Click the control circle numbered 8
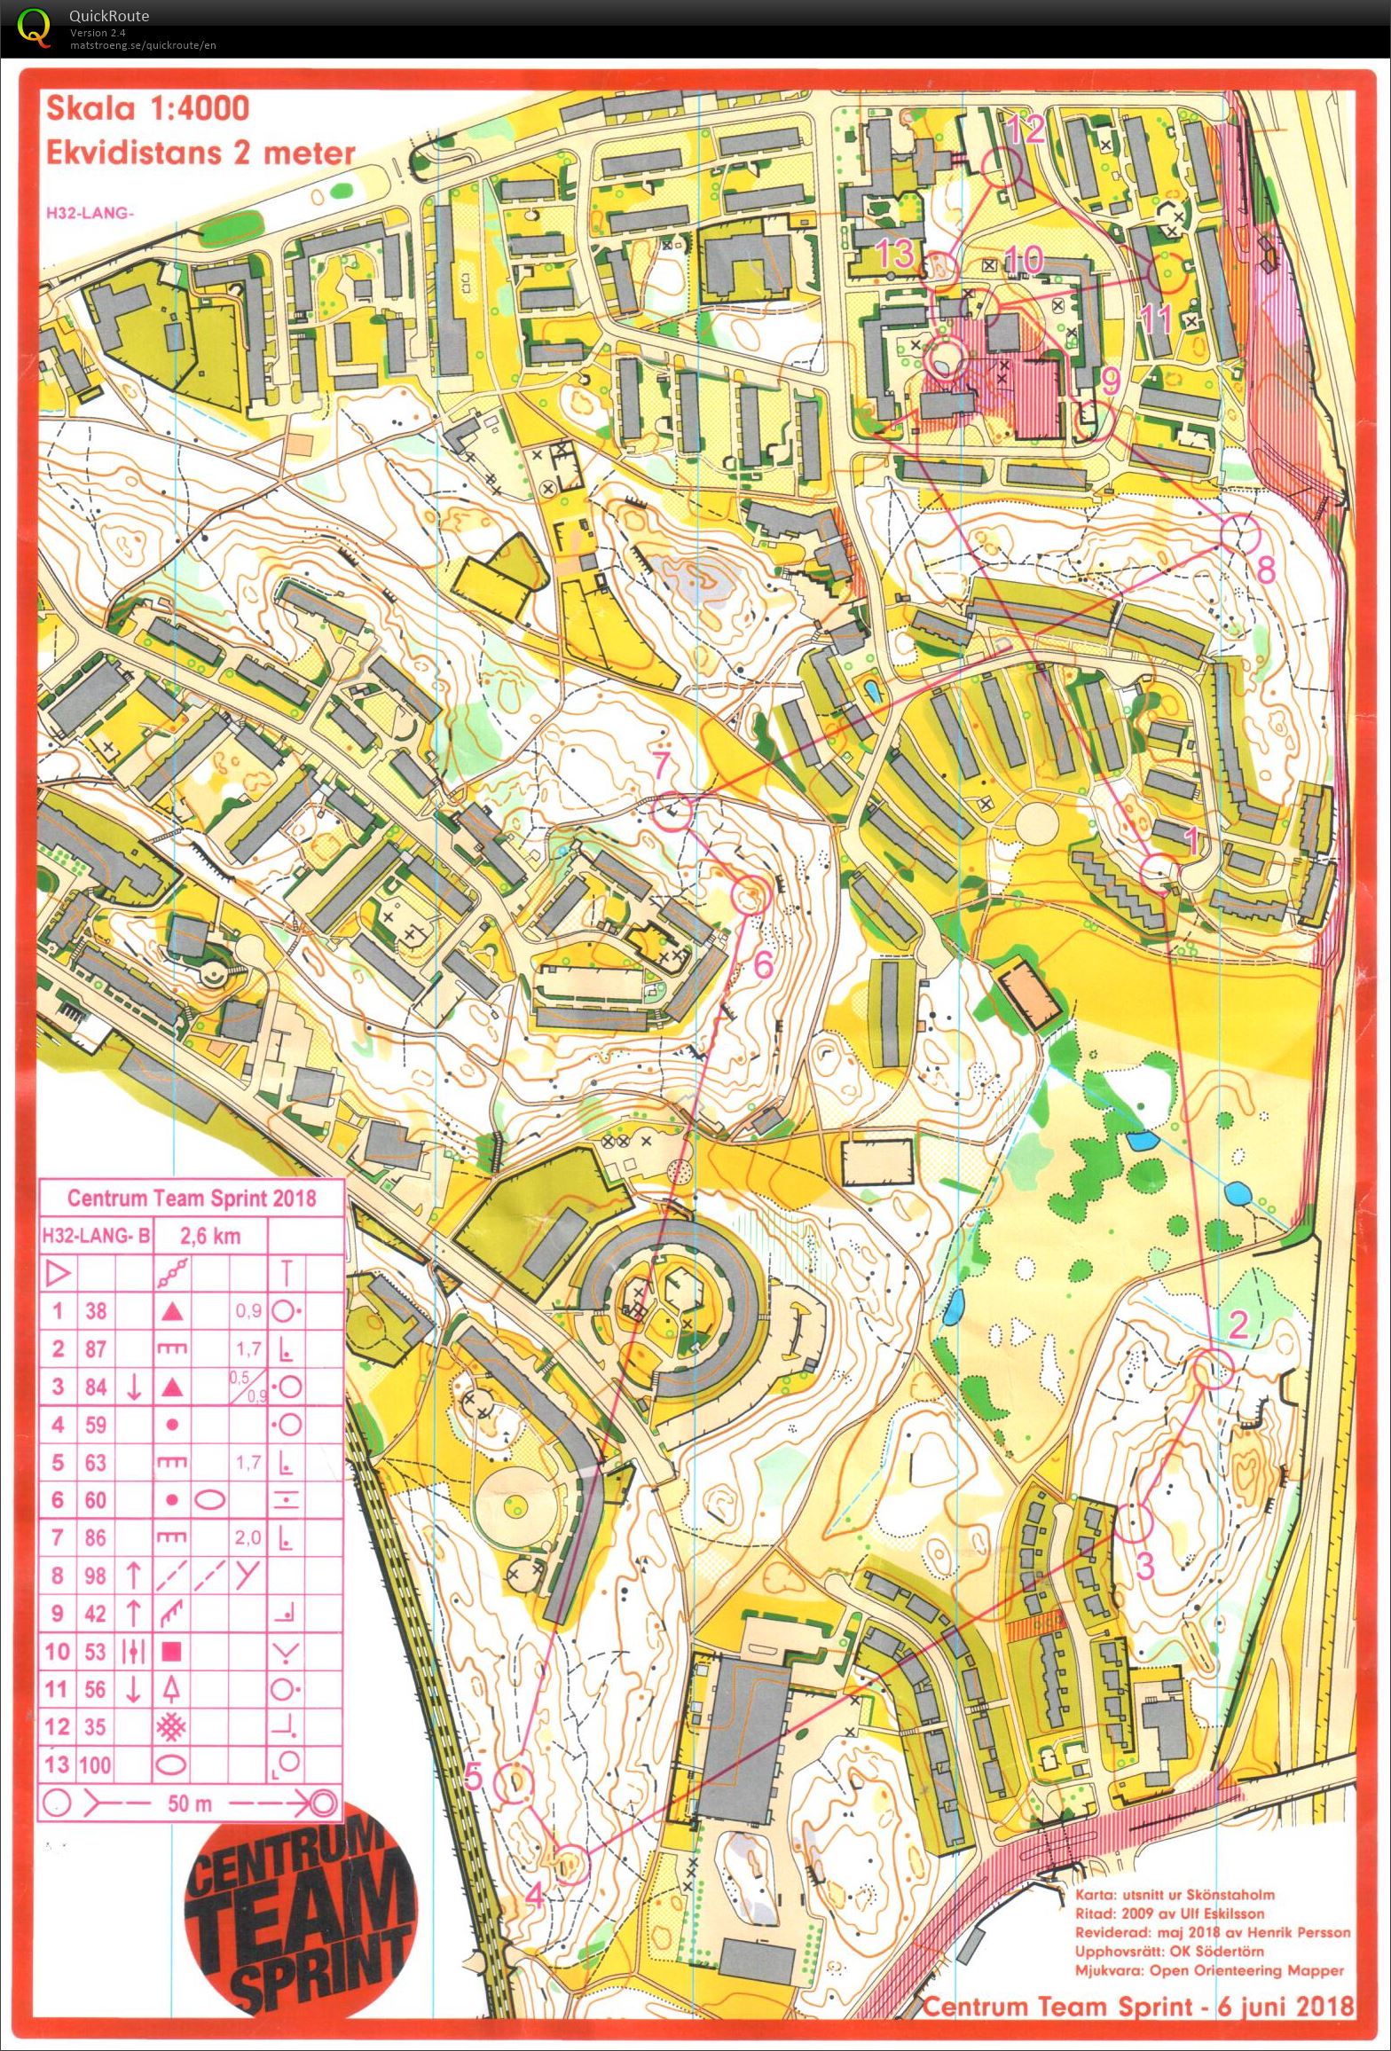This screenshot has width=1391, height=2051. (1240, 534)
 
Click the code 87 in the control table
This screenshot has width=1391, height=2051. (96, 1348)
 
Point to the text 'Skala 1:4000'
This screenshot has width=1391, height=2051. (147, 108)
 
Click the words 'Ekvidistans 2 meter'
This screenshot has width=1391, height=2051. (200, 153)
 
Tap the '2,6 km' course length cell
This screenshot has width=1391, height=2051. (210, 1236)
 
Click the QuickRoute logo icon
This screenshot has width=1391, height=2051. (34, 27)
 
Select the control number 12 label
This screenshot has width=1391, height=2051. (1026, 130)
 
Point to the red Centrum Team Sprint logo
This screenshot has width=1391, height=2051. (300, 1919)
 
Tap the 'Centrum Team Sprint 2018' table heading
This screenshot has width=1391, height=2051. (192, 1198)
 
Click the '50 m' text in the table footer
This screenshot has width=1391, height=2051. (178, 1803)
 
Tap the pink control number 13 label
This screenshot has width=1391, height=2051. (896, 254)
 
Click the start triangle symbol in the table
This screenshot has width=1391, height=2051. (57, 1275)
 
